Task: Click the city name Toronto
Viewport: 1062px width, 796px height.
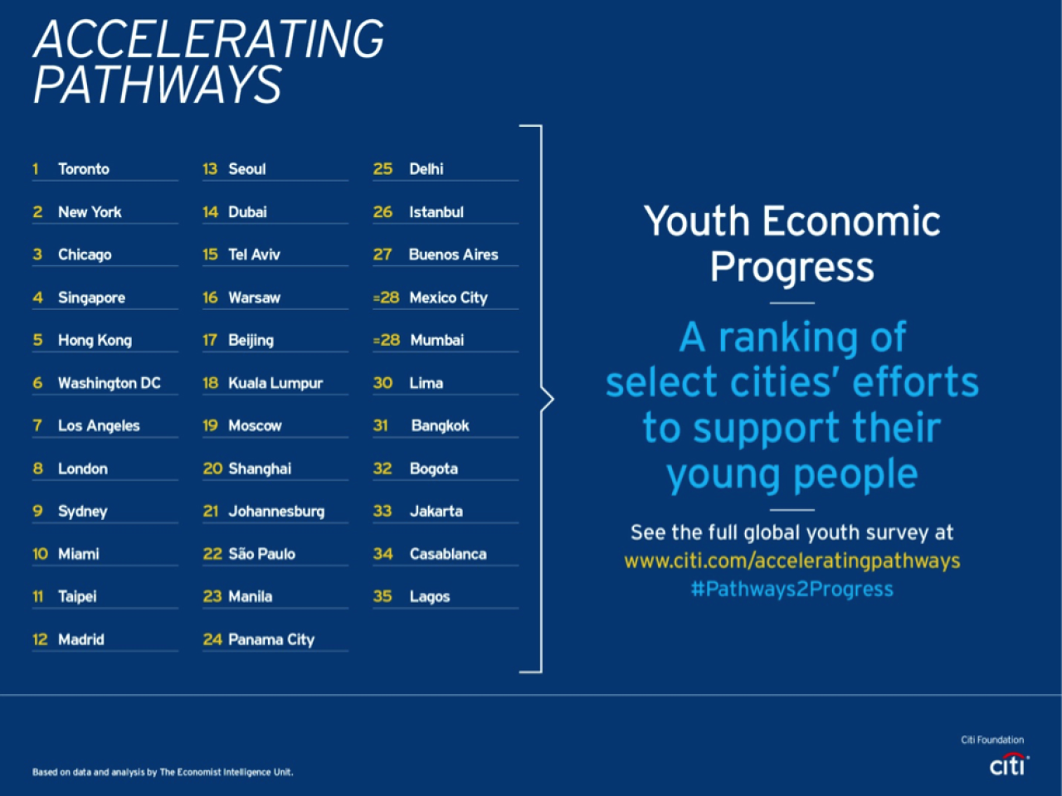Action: [x=84, y=169]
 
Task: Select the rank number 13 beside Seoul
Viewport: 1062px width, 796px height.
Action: [x=210, y=169]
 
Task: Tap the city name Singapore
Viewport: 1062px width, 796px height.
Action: [x=91, y=298]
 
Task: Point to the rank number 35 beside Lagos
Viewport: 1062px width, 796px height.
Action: [x=382, y=596]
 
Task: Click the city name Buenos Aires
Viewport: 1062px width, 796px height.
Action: [x=453, y=255]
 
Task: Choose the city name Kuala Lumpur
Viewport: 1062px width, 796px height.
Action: [x=275, y=384]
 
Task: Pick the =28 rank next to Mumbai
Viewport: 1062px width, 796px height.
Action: [x=387, y=340]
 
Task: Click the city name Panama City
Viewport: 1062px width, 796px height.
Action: [x=271, y=640]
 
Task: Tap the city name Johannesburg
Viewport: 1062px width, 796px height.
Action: [x=276, y=512]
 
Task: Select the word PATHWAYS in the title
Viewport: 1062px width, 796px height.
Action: [x=158, y=85]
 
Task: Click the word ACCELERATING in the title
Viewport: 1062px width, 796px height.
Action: [x=209, y=39]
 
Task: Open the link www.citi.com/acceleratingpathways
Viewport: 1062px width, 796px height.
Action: [x=792, y=561]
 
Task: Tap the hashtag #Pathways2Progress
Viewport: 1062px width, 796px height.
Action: [x=792, y=590]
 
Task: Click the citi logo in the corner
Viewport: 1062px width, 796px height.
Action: [x=1009, y=764]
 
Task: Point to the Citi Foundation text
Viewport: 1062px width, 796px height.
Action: [x=992, y=740]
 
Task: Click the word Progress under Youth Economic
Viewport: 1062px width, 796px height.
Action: [x=792, y=267]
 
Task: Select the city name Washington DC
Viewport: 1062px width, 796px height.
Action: [x=110, y=383]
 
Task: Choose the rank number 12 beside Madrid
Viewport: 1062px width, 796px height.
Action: [x=40, y=639]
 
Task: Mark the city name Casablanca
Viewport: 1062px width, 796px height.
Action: [x=448, y=554]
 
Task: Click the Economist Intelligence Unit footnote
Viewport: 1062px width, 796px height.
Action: [x=163, y=772]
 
